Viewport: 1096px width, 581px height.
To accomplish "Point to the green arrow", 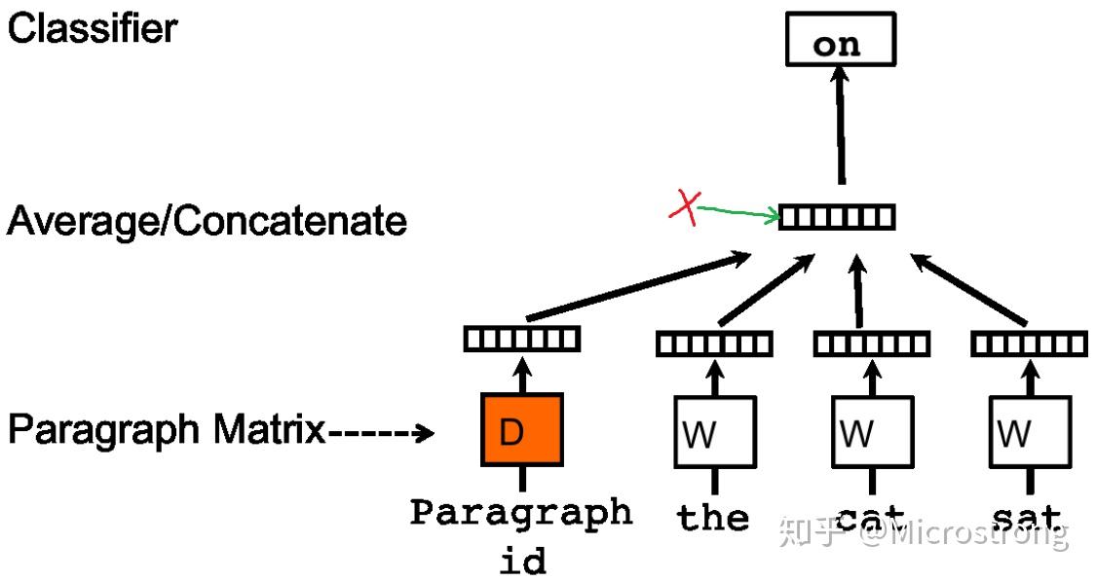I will click(738, 213).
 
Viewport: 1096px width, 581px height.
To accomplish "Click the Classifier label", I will click(93, 29).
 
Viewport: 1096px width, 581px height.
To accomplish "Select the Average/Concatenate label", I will click(207, 222).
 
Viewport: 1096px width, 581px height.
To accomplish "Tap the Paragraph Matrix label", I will click(167, 429).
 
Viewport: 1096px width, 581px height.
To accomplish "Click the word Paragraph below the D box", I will click(521, 513).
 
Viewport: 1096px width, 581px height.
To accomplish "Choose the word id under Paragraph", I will click(522, 560).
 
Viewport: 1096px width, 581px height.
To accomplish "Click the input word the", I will click(714, 517).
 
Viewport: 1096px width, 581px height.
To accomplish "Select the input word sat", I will click(1027, 517).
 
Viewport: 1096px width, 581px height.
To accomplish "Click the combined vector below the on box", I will click(837, 217).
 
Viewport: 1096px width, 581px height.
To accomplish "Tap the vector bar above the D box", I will click(521, 339).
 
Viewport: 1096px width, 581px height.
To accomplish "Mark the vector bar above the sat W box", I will click(1029, 344).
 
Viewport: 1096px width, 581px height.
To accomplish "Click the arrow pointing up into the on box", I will click(840, 131).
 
